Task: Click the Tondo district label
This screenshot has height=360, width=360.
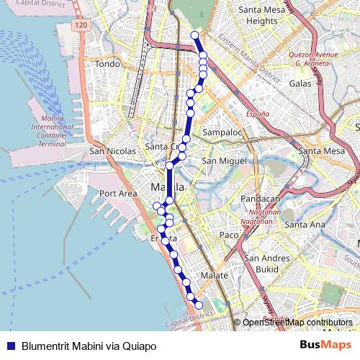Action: pyautogui.click(x=107, y=64)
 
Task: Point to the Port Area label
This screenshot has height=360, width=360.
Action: pyautogui.click(x=118, y=193)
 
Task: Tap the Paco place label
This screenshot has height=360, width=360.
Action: pyautogui.click(x=228, y=235)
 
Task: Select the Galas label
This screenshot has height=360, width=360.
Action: pyautogui.click(x=300, y=84)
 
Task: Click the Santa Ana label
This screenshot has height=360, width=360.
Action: pyautogui.click(x=305, y=225)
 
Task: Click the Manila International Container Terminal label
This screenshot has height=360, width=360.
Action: pyautogui.click(x=52, y=130)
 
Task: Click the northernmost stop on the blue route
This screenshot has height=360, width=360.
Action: pyautogui.click(x=194, y=35)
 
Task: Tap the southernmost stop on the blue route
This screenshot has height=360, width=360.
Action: pyautogui.click(x=199, y=305)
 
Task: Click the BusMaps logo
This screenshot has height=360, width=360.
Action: pyautogui.click(x=326, y=346)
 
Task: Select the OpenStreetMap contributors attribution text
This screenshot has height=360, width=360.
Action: pyautogui.click(x=297, y=323)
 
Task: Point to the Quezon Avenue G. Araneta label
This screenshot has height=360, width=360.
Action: pyautogui.click(x=313, y=58)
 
